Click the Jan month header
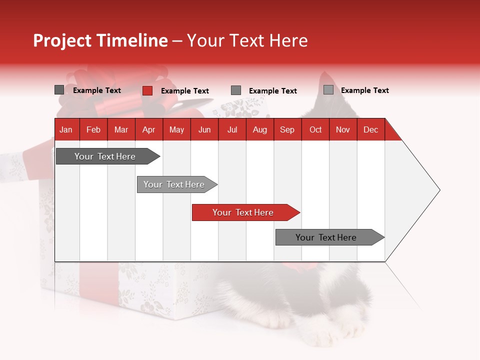tap(66, 129)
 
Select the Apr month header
tap(149, 129)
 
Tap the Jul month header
tap(232, 129)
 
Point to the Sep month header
tap(287, 129)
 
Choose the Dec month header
tap(370, 129)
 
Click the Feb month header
tap(93, 129)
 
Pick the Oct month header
tap(315, 129)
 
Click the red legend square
tap(147, 90)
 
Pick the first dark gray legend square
tap(59, 90)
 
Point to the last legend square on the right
tap(328, 90)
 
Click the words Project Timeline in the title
tap(100, 40)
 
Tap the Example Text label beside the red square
tap(184, 91)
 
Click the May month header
tap(176, 129)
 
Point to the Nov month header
tap(343, 129)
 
